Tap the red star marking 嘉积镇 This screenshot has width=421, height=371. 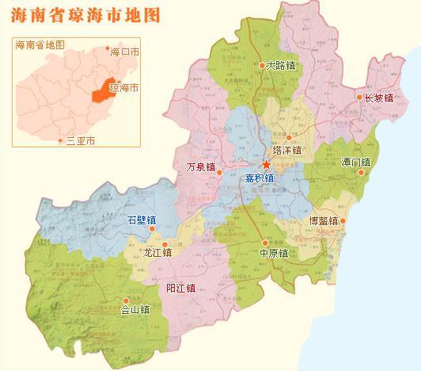pyautogui.click(x=267, y=165)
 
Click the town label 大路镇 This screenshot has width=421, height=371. pyautogui.click(x=281, y=66)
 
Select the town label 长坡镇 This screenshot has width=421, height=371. pyautogui.click(x=378, y=98)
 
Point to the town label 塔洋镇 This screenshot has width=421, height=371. pyautogui.click(x=287, y=150)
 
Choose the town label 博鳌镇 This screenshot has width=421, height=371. pyautogui.click(x=323, y=221)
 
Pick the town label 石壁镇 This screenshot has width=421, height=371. pyautogui.click(x=142, y=220)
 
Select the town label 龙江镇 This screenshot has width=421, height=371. pyautogui.click(x=157, y=253)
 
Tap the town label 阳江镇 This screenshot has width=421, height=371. pyautogui.click(x=180, y=288)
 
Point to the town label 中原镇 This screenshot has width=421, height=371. pyautogui.click(x=273, y=254)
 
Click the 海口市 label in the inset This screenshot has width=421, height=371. pyautogui.click(x=125, y=52)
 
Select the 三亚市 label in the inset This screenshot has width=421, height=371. pyautogui.click(x=80, y=140)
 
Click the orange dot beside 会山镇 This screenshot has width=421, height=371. pyautogui.click(x=124, y=300)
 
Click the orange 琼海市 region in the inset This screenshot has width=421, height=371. pyautogui.click(x=100, y=89)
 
